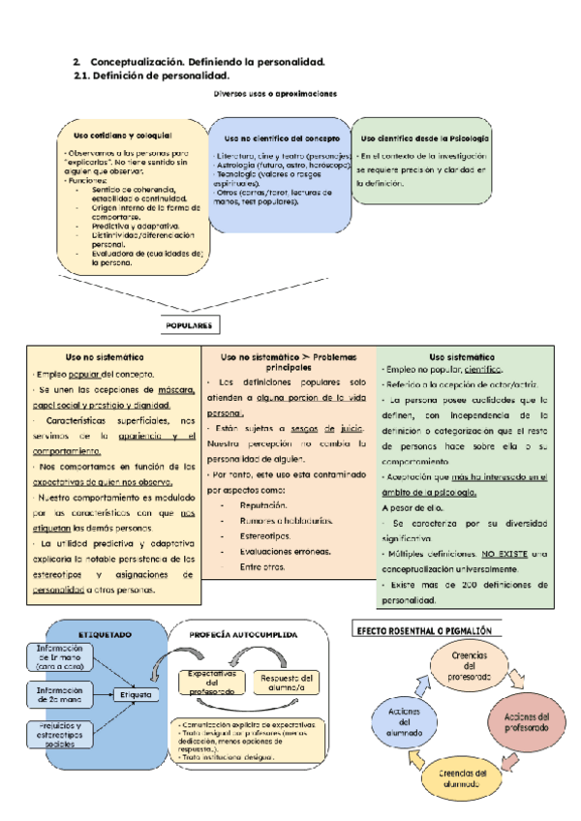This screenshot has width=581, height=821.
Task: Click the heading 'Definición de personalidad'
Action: click(160, 76)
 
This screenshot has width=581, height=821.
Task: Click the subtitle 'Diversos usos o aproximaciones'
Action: click(275, 94)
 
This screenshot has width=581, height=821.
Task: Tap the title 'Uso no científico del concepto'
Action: click(281, 137)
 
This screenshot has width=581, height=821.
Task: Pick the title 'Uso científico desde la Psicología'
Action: click(424, 137)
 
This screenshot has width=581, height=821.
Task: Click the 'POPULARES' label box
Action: click(189, 325)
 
